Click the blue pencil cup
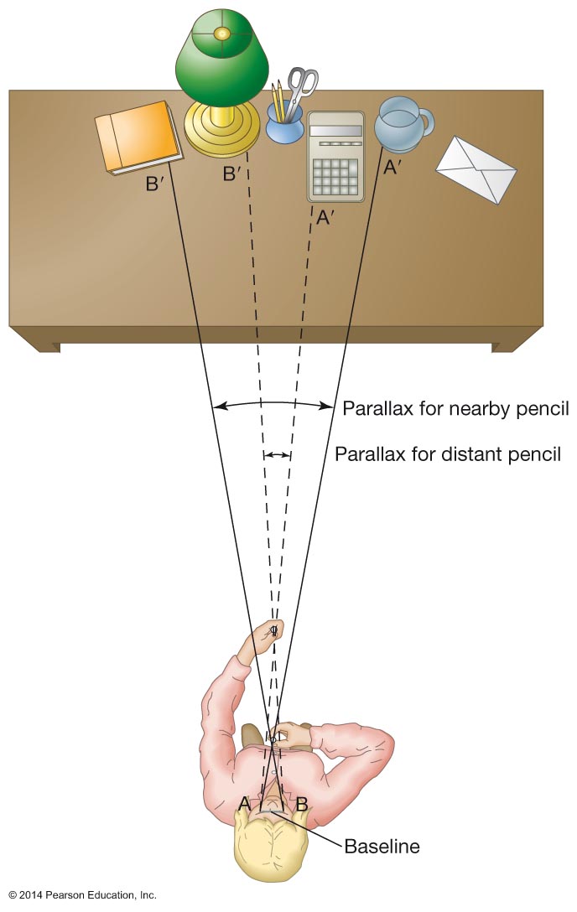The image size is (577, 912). tap(284, 126)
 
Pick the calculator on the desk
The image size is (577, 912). tap(335, 157)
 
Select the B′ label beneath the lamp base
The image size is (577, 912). tap(231, 174)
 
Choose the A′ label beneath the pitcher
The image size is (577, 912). tap(392, 167)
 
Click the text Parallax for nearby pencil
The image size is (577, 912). tap(455, 409)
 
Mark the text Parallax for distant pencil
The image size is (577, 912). tap(447, 454)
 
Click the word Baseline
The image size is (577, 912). tap(382, 846)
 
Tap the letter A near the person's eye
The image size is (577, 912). tap(245, 802)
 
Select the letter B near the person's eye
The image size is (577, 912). tap(300, 802)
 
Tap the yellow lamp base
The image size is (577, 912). tap(221, 130)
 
